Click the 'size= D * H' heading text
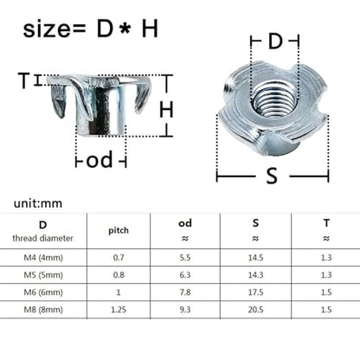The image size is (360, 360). click(91, 29)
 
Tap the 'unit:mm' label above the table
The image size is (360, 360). click(38, 203)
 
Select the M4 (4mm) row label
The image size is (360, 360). click(43, 257)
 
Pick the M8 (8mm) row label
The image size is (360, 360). click(43, 310)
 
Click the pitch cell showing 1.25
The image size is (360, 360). click(119, 310)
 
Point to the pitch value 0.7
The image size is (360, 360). click(119, 257)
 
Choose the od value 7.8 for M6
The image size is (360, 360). click(185, 292)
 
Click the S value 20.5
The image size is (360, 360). click(255, 310)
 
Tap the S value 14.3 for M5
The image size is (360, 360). click(255, 274)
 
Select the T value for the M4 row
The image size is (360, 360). click(326, 257)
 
